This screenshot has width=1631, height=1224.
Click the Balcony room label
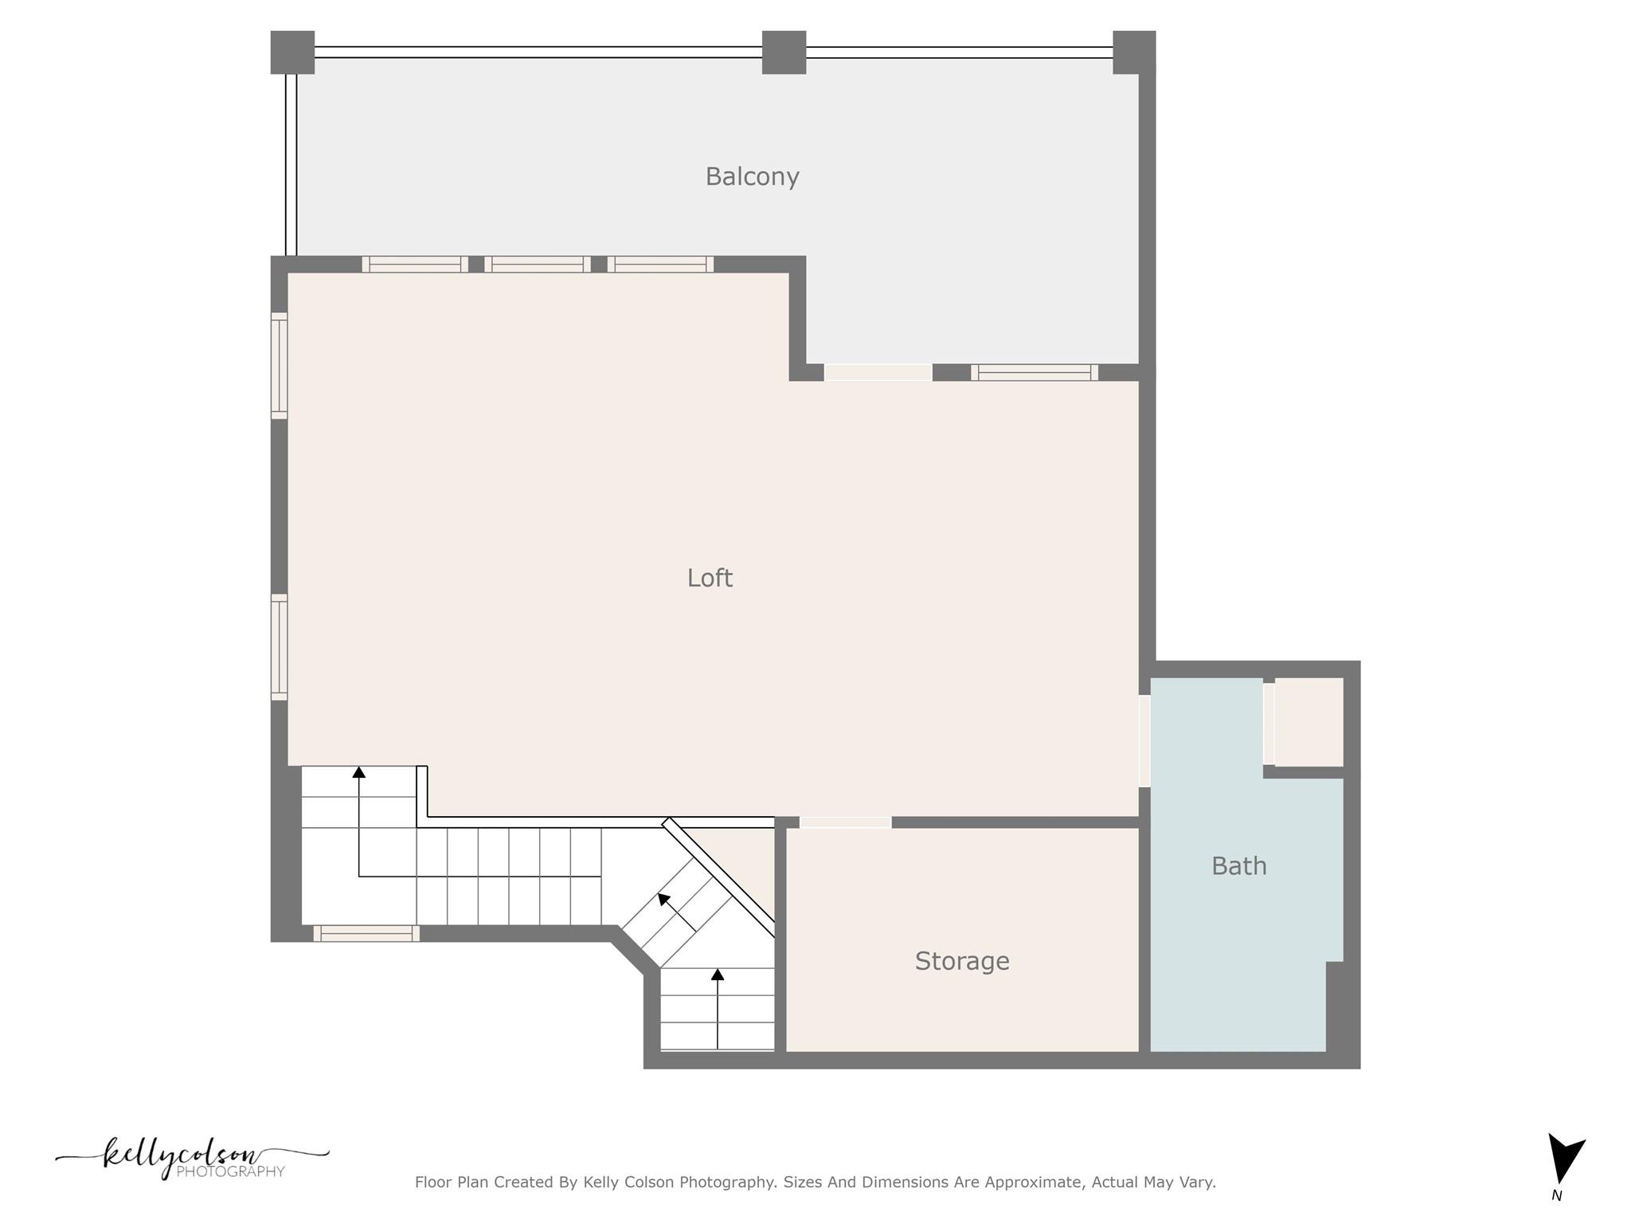(752, 176)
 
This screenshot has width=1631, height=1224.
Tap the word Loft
(710, 578)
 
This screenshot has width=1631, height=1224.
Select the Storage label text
(962, 961)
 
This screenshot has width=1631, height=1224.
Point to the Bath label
(1238, 866)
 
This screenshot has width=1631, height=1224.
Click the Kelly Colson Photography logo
(191, 1159)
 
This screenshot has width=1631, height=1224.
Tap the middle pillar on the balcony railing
(784, 53)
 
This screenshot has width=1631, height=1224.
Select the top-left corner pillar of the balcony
(292, 53)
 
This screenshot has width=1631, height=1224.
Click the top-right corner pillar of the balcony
(1133, 53)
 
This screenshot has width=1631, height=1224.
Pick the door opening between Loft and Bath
(1144, 741)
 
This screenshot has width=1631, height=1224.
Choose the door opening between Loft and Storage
(845, 822)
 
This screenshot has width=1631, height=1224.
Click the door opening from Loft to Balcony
(878, 372)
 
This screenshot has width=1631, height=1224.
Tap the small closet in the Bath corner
(1308, 722)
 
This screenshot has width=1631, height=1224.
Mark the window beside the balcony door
(1034, 372)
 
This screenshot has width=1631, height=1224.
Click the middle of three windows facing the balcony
(538, 265)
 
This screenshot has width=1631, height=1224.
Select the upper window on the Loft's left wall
(279, 366)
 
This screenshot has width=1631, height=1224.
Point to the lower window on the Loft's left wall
(279, 647)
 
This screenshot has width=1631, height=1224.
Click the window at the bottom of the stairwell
(366, 933)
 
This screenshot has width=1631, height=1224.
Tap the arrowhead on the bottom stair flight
(718, 974)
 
